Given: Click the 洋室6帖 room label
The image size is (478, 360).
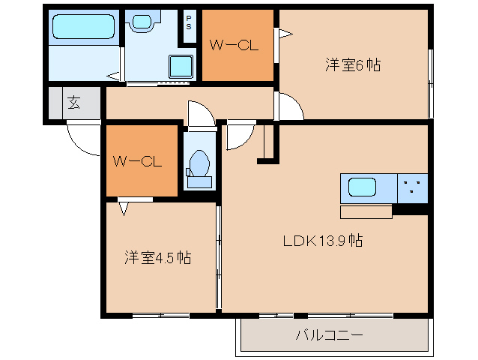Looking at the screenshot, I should [352, 65].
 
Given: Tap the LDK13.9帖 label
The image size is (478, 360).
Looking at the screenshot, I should [323, 241].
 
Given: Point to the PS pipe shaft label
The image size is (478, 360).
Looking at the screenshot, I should [189, 22].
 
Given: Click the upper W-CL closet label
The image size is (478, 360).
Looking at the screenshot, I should [234, 46].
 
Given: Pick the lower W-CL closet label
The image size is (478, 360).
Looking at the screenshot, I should [138, 160].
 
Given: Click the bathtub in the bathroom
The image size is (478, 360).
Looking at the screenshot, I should [82, 27].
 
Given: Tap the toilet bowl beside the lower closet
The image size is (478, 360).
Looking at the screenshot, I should [199, 164].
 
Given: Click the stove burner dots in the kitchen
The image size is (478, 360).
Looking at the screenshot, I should [411, 187].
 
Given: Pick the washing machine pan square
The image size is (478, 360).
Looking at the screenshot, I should [181, 66].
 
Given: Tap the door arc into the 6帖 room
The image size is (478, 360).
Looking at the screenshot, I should [291, 109].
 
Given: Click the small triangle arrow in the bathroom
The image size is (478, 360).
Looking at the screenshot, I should [112, 75].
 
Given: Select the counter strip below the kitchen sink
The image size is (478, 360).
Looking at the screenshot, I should [366, 211].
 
